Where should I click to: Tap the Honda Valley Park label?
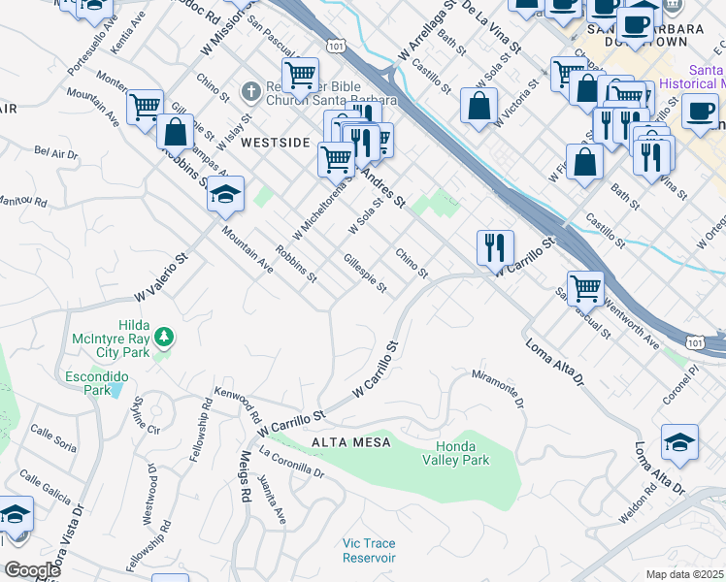point(455,453)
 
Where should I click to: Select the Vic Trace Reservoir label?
point(369,550)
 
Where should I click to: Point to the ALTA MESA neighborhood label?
point(350,442)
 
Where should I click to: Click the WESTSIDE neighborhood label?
point(275,142)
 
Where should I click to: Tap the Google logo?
point(33,569)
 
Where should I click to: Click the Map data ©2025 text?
point(685,574)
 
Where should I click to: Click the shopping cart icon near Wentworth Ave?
point(585,287)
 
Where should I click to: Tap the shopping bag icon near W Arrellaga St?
point(478,105)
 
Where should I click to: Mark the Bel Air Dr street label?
point(55,152)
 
